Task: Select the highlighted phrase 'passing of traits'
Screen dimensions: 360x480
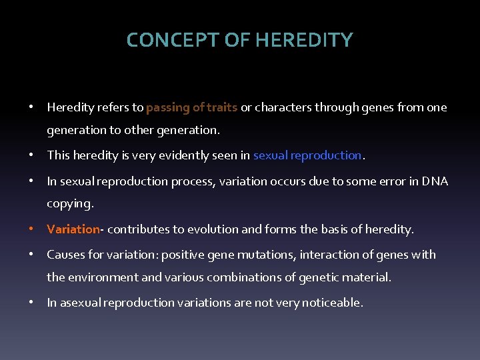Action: tap(192, 107)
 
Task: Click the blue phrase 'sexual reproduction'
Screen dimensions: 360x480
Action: tap(307, 155)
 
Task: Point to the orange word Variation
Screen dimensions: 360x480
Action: tap(73, 229)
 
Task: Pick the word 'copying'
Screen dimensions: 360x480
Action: tap(69, 203)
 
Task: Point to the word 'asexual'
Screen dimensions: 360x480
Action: tap(79, 302)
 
